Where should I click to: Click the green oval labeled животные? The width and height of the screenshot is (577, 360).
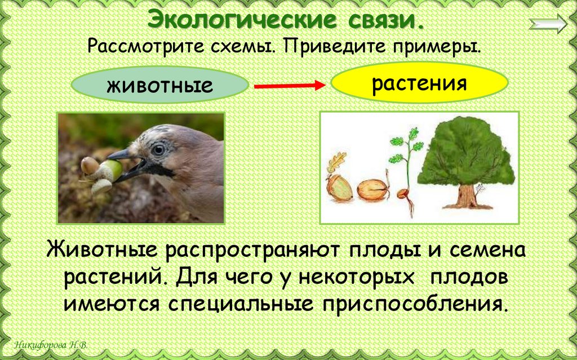click(x=159, y=86)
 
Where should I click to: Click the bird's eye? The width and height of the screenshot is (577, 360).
click(x=158, y=149)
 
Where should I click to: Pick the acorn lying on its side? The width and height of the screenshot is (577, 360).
click(x=372, y=190)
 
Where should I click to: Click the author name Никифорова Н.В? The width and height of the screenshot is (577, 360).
click(x=52, y=345)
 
